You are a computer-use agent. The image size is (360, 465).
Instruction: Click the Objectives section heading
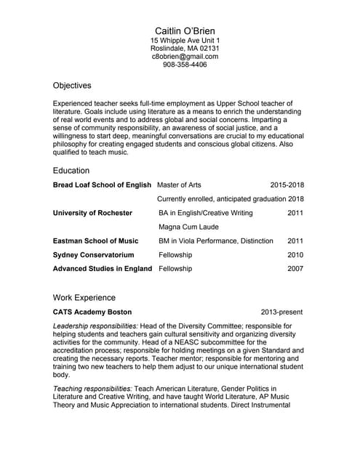72,85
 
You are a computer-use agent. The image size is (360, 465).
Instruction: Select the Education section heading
71,171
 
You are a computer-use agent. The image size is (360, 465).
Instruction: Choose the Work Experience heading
84,297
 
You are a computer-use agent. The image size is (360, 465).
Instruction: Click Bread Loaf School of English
102,185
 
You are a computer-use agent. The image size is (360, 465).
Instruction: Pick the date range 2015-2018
287,185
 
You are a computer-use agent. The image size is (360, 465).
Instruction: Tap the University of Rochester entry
92,213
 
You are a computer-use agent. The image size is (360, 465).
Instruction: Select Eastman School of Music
95,240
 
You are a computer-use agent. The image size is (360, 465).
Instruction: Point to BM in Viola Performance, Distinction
216,240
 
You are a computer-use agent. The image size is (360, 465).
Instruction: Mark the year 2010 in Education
295,255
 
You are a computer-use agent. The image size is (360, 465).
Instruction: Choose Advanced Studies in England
103,269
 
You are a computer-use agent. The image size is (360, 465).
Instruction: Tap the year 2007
295,269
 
